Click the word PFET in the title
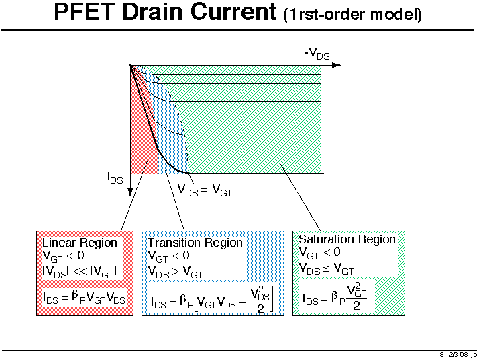(85, 12)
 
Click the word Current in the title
(233, 12)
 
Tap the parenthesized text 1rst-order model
(352, 15)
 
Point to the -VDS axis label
(317, 54)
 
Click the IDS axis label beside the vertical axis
(115, 178)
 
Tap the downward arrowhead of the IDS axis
(130, 192)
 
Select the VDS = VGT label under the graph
(205, 190)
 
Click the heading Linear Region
(80, 243)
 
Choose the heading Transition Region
(195, 243)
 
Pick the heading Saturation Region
(347, 239)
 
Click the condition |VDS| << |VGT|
(80, 272)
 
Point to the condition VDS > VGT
(175, 272)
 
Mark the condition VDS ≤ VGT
(326, 269)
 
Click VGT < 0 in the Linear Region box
(64, 256)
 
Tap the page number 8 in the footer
(441, 355)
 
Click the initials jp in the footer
(474, 355)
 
